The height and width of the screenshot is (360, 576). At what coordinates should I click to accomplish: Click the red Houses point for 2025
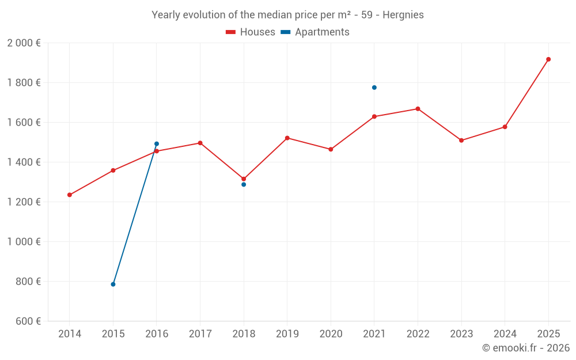click(548, 59)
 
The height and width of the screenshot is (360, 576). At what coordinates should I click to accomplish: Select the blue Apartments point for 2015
click(113, 284)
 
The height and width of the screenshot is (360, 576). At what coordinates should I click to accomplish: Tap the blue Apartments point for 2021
click(374, 88)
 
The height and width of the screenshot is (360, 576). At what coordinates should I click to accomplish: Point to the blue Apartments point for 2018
click(244, 184)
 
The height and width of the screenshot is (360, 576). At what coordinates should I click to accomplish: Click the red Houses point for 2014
click(70, 195)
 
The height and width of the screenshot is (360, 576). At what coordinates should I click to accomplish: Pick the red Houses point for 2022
click(418, 109)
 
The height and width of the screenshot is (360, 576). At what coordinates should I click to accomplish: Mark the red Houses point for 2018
click(244, 179)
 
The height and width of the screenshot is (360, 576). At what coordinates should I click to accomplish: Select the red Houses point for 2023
click(461, 141)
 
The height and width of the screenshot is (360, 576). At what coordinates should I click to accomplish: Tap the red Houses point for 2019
click(287, 138)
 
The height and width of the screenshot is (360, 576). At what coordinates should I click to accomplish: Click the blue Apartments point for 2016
click(157, 144)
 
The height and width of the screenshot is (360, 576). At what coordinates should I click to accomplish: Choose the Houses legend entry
click(251, 32)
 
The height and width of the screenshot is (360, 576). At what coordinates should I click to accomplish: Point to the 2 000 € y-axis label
click(24, 43)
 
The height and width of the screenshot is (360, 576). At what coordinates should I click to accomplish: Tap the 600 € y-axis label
click(27, 321)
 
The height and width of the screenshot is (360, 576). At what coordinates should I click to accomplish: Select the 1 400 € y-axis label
click(24, 162)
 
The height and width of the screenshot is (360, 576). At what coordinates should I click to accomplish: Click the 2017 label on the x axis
click(200, 334)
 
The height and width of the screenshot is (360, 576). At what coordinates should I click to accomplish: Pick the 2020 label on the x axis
click(331, 334)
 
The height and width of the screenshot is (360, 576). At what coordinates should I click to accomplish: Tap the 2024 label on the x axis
click(505, 334)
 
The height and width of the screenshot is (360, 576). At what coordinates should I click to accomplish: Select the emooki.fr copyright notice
click(525, 348)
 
